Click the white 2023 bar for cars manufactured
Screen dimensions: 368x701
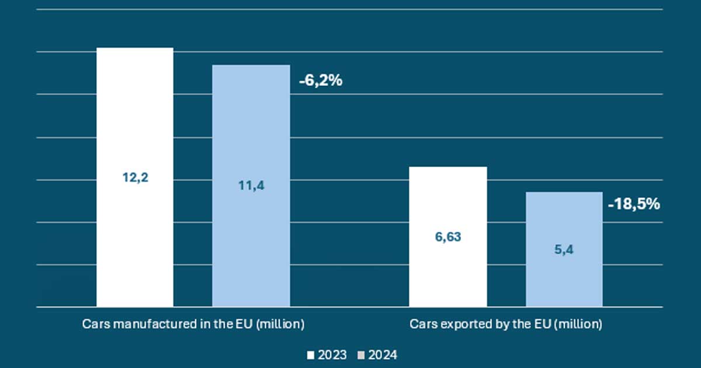134,117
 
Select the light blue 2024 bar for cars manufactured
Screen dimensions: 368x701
251,129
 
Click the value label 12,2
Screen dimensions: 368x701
136,178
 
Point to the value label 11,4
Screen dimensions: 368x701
251,186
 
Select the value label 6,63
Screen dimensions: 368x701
447,238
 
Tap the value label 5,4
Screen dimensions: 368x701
564,249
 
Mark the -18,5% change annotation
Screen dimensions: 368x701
634,204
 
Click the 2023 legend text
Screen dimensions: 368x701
332,355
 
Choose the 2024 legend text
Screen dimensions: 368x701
383,355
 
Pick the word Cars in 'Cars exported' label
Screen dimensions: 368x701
422,324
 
